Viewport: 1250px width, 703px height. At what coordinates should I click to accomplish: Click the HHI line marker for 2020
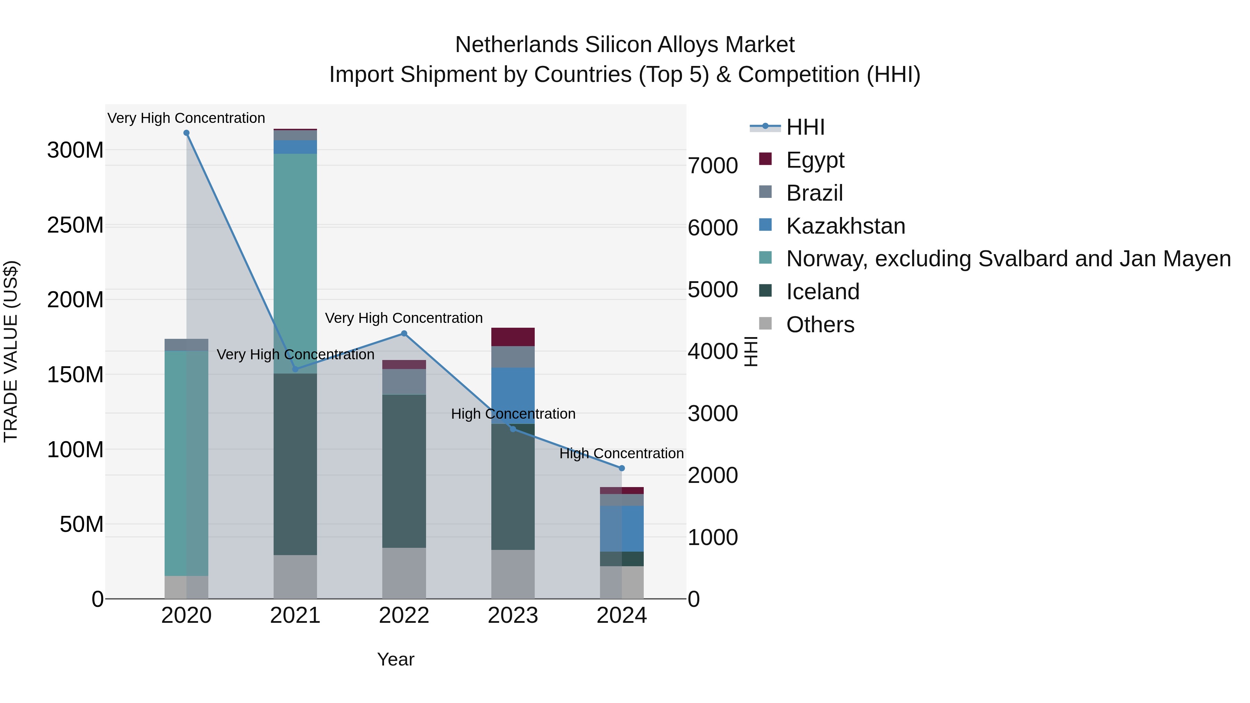186,133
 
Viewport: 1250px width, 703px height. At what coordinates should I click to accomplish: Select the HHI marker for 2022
404,334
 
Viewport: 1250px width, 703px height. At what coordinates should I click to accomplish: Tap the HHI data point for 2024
622,468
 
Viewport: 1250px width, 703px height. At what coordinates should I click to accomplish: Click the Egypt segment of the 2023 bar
513,337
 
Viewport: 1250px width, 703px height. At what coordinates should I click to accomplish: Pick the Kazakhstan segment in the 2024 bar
622,528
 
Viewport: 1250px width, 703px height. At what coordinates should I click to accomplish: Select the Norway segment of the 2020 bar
186,463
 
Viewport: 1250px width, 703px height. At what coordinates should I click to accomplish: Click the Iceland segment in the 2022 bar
404,471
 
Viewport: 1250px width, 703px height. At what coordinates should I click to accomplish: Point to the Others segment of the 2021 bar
295,577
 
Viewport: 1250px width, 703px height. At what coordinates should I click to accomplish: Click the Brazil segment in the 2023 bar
513,357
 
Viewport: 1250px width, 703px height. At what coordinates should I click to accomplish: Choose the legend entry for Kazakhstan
845,226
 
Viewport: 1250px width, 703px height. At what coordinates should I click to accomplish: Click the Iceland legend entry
823,292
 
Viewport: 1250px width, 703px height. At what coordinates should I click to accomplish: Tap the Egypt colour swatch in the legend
765,159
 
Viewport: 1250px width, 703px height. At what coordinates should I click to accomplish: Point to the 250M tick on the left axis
75,225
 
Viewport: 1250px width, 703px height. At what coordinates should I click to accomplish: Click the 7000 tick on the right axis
713,166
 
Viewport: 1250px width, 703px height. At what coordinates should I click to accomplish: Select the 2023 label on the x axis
513,616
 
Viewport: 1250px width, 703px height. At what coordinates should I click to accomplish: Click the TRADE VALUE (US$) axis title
11,351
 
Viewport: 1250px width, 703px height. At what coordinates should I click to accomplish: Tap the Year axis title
395,659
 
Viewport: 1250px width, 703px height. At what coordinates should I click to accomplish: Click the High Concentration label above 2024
622,454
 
